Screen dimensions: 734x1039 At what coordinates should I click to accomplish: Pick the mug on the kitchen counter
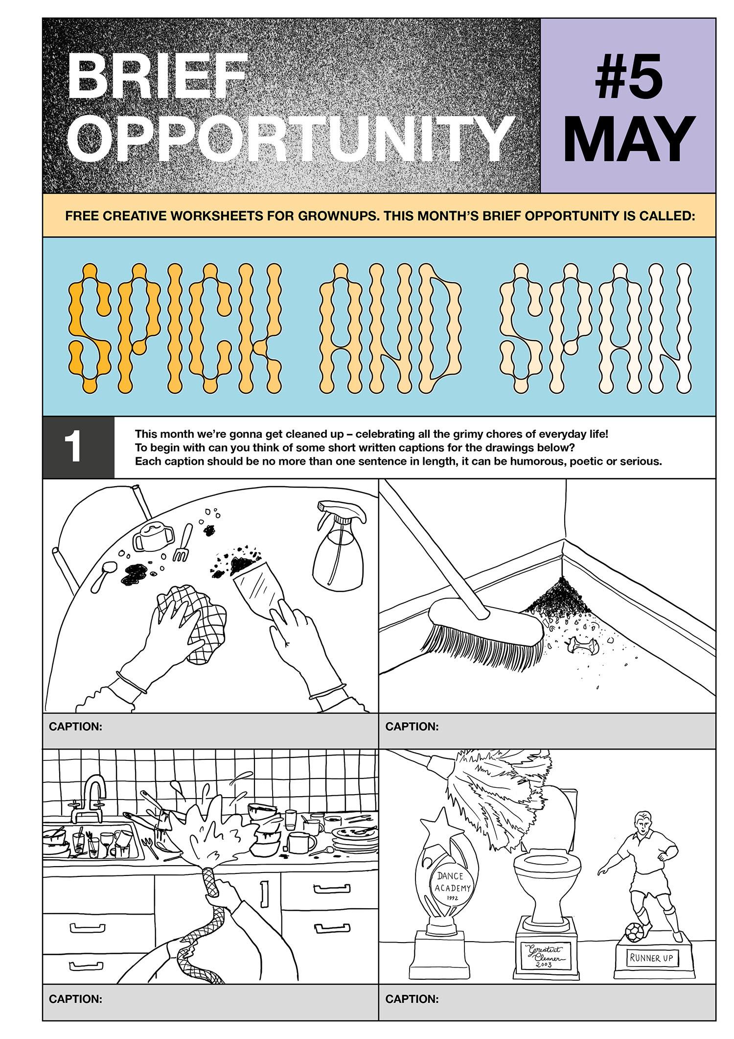pos(301,843)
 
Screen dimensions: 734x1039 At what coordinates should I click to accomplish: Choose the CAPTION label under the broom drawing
pos(412,726)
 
